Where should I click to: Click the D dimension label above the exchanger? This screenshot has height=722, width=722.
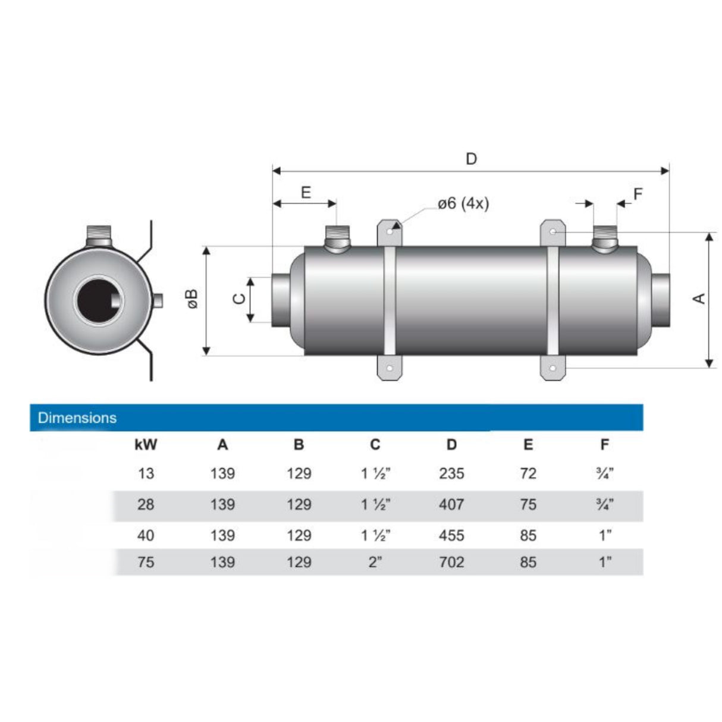point(471,159)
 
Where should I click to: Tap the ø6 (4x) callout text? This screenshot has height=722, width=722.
point(463,203)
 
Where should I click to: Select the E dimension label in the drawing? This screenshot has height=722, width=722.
point(306,192)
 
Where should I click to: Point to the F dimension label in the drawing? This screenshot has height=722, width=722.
point(638,194)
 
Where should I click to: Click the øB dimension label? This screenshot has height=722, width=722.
point(192,299)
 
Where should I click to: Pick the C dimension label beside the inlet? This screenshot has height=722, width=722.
point(239,299)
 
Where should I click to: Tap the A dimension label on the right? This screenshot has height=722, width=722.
point(699,298)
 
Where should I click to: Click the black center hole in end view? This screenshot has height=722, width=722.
point(98,300)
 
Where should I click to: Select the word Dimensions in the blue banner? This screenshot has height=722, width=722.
point(77,417)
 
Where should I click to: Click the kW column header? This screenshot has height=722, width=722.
point(146,444)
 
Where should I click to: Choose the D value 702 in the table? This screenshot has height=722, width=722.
point(451,562)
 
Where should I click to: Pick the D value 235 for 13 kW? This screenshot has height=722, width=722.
point(451,473)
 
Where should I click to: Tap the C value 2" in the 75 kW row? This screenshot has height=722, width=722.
point(375,562)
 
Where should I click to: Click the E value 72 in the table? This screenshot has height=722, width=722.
point(528,473)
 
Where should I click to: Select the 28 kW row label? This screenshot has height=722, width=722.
point(146,504)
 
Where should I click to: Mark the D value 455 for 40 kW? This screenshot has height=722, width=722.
point(451,535)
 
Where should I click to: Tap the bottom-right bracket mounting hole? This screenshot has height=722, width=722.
point(553,368)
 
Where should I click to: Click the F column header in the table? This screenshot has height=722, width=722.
point(605,444)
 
